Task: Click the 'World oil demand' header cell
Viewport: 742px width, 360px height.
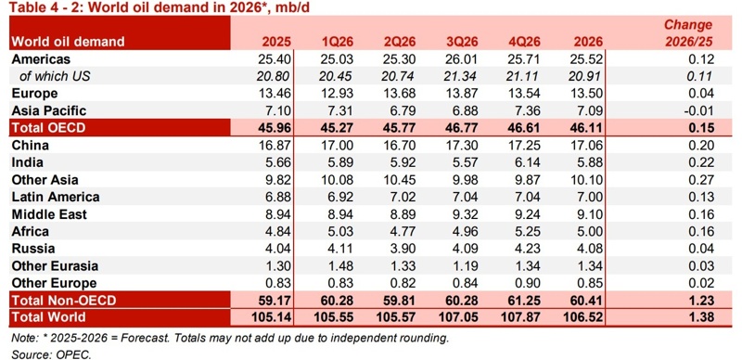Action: [x=67, y=42]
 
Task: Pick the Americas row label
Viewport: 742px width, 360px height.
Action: [x=42, y=59]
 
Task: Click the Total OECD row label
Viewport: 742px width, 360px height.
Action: [x=50, y=128]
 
